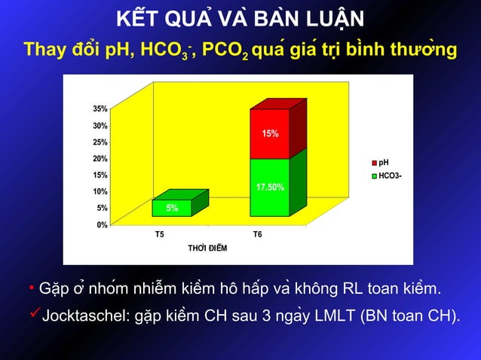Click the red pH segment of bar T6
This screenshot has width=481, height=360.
pos(270,133)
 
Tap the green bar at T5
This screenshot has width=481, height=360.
pos(172,208)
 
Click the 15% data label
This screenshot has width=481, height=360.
pos(270,134)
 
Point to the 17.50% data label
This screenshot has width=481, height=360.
pos(270,187)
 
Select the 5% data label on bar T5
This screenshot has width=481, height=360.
pos(172,209)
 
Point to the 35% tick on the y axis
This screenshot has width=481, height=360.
pos(100,109)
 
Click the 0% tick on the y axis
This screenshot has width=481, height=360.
pos(102,225)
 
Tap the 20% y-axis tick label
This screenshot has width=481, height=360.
pos(100,159)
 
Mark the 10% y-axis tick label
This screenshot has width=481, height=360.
pos(100,192)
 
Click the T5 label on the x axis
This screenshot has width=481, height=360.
pos(160,235)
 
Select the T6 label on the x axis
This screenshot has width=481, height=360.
pos(258,235)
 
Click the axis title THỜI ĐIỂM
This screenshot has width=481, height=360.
pos(207,249)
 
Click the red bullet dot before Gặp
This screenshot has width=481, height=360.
pos(23,288)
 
